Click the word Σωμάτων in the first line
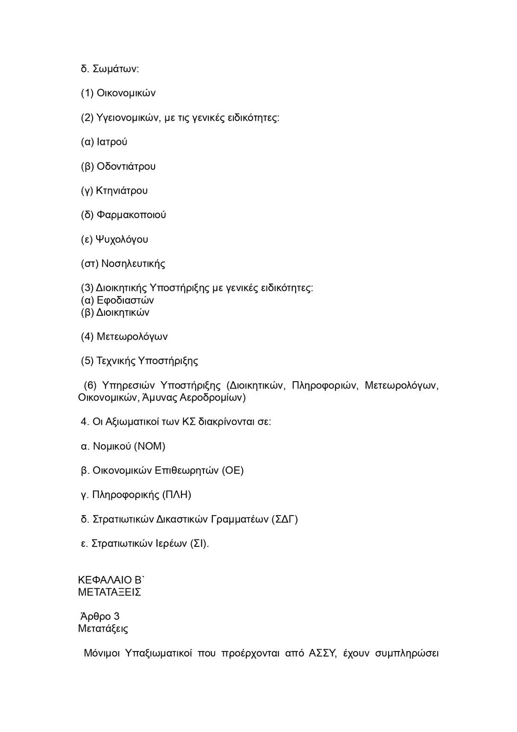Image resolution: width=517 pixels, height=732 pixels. [116, 69]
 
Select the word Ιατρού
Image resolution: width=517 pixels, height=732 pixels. [112, 142]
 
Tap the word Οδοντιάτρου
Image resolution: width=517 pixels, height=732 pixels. [126, 166]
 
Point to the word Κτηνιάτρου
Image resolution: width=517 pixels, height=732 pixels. [122, 191]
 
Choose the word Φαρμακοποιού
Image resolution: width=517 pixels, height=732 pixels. [131, 215]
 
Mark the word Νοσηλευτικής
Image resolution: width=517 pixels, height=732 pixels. [133, 264]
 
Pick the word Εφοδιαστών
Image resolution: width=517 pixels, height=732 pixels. [125, 301]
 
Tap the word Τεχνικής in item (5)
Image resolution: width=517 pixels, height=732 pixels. [116, 361]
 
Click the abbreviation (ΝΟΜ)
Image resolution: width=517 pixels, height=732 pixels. [150, 446]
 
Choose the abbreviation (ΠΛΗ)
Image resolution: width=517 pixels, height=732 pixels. [177, 495]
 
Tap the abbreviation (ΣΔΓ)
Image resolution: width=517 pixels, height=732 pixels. [285, 519]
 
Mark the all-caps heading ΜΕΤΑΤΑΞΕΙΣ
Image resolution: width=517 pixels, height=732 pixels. [110, 593]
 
